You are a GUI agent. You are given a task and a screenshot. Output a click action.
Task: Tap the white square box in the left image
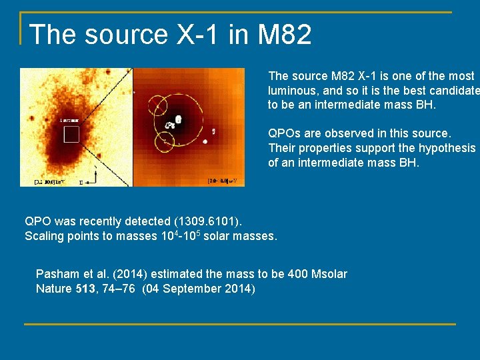(x=71, y=135)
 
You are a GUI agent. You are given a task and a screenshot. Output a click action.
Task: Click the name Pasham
(x=57, y=274)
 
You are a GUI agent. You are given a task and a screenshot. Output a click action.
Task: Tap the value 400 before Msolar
(x=281, y=274)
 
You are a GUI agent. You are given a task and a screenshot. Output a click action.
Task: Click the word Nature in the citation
(x=54, y=288)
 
